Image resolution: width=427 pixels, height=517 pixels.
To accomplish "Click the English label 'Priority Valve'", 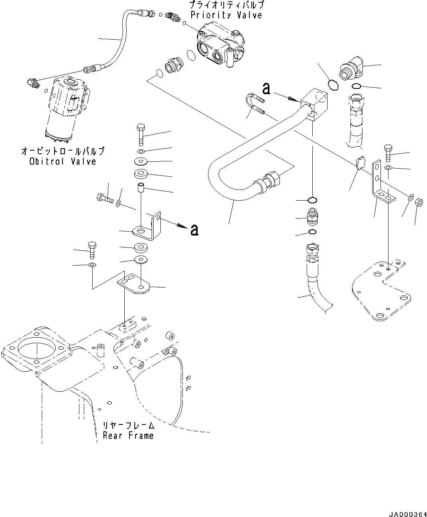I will point(226,15).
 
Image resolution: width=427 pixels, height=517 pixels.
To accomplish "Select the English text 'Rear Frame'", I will point(128,436).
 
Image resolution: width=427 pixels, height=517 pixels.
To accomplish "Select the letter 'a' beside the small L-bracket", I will point(194,230).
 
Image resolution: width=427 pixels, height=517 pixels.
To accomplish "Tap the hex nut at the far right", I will point(417,201).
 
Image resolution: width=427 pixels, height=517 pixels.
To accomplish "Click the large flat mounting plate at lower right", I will point(379,289).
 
